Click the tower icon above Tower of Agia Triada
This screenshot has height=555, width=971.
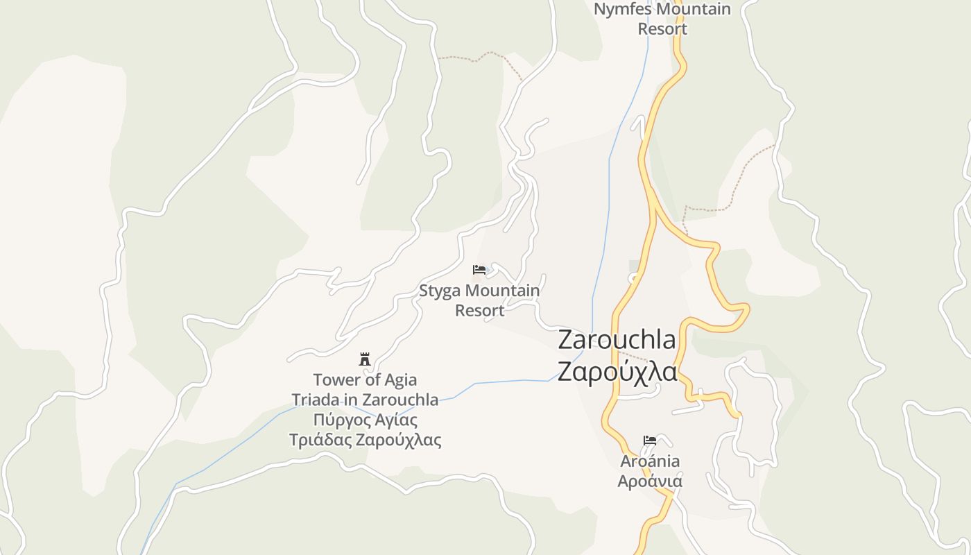365,359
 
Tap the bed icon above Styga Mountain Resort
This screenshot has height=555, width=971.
479,270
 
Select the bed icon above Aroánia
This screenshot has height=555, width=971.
650,441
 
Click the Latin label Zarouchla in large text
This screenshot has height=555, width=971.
617,340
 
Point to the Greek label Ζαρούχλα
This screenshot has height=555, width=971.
617,372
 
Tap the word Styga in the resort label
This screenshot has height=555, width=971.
440,291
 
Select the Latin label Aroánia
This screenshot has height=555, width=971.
650,461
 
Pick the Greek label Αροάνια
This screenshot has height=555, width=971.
650,481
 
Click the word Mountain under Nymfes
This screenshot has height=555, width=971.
694,10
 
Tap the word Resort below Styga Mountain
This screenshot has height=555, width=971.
479,310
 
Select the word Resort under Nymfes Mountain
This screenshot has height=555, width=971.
662,29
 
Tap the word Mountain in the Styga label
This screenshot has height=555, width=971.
502,291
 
